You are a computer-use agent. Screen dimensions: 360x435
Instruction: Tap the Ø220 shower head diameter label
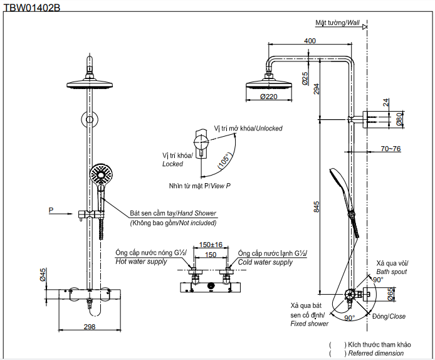click(x=268, y=97)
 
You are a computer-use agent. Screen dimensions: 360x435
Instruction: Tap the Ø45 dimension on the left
click(x=43, y=275)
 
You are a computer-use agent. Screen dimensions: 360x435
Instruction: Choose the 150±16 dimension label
click(x=211, y=245)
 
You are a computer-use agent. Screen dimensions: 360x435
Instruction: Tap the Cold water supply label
click(x=265, y=262)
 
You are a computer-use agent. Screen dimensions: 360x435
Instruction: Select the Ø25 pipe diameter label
click(x=305, y=78)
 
